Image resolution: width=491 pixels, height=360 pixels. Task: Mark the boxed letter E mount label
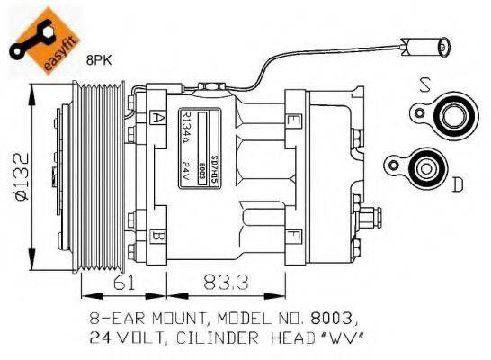click(x=292, y=119)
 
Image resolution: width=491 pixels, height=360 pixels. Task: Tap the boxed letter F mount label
click(x=292, y=235)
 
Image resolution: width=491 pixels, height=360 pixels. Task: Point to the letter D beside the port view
click(x=457, y=184)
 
